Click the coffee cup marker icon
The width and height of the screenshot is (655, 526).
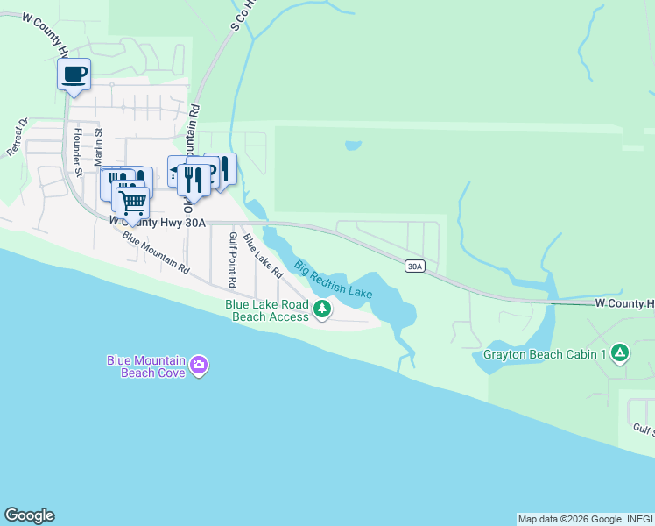[74, 74]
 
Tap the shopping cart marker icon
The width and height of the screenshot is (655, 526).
[132, 202]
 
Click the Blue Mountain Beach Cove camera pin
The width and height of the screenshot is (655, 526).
[200, 365]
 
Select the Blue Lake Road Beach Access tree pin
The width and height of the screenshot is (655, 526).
[323, 309]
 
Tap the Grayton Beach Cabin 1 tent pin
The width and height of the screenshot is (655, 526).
[620, 353]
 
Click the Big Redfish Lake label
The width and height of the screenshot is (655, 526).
[334, 279]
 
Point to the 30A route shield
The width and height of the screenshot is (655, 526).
[415, 267]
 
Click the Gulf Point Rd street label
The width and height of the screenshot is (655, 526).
[233, 260]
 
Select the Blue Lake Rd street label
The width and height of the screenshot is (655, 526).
[263, 255]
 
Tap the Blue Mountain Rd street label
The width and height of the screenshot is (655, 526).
[156, 252]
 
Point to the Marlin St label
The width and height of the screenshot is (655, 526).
[99, 146]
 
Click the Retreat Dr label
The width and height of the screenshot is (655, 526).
[18, 138]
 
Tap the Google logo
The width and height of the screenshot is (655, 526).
[29, 515]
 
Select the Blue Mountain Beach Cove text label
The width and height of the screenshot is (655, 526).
[146, 366]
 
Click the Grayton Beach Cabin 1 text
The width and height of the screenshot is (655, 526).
[546, 355]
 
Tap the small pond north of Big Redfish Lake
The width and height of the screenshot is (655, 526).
[353, 146]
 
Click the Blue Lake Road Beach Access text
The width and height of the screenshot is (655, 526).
[267, 310]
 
